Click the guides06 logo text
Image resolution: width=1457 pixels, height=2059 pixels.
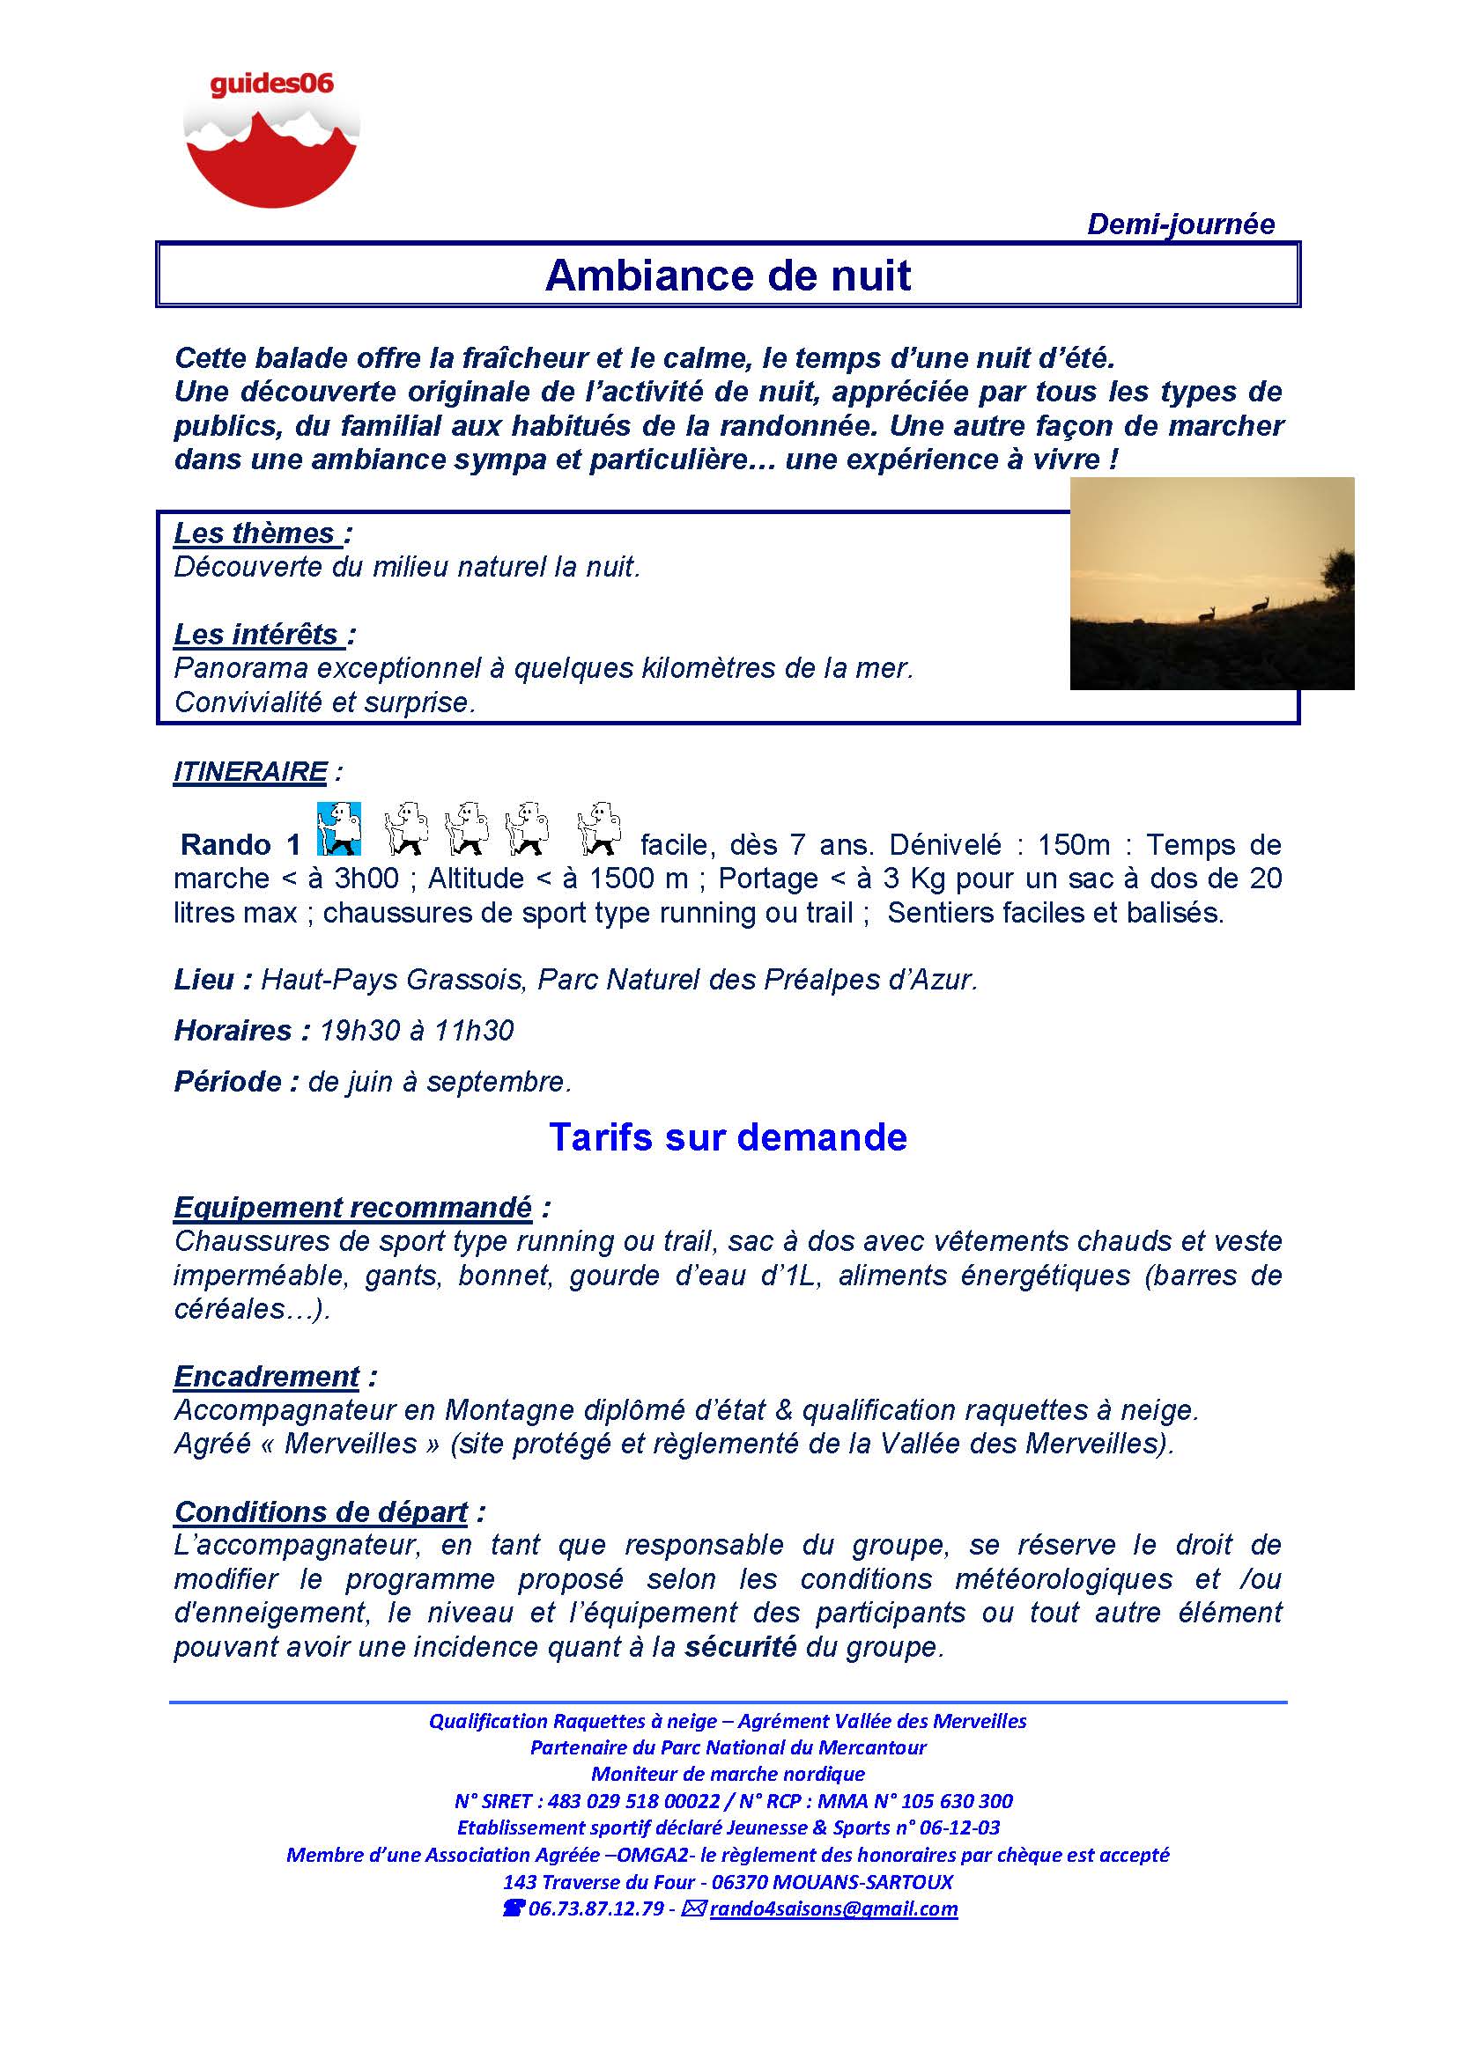271,85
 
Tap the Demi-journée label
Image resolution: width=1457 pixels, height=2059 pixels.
1180,224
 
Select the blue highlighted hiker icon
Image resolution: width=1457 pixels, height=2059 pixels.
339,827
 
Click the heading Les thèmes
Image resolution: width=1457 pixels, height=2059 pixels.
255,533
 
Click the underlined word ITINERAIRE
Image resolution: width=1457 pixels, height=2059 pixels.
250,771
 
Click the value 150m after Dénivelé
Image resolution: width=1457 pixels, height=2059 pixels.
1073,844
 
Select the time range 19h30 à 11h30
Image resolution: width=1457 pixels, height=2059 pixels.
417,1031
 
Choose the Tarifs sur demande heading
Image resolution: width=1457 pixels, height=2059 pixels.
728,1136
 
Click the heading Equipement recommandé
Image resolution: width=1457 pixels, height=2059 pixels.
352,1207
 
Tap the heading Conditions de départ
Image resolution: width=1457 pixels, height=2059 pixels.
322,1511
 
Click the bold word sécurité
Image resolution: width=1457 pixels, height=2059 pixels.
740,1646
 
